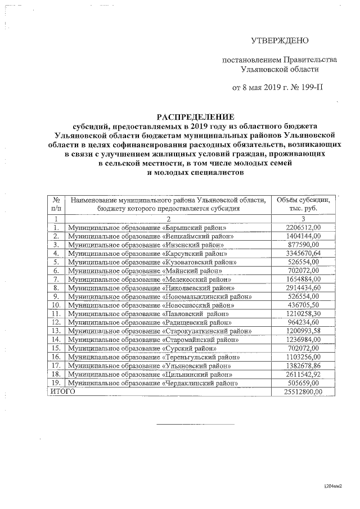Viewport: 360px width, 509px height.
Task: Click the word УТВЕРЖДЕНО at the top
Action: (x=280, y=40)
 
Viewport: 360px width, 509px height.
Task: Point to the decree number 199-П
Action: (x=312, y=88)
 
